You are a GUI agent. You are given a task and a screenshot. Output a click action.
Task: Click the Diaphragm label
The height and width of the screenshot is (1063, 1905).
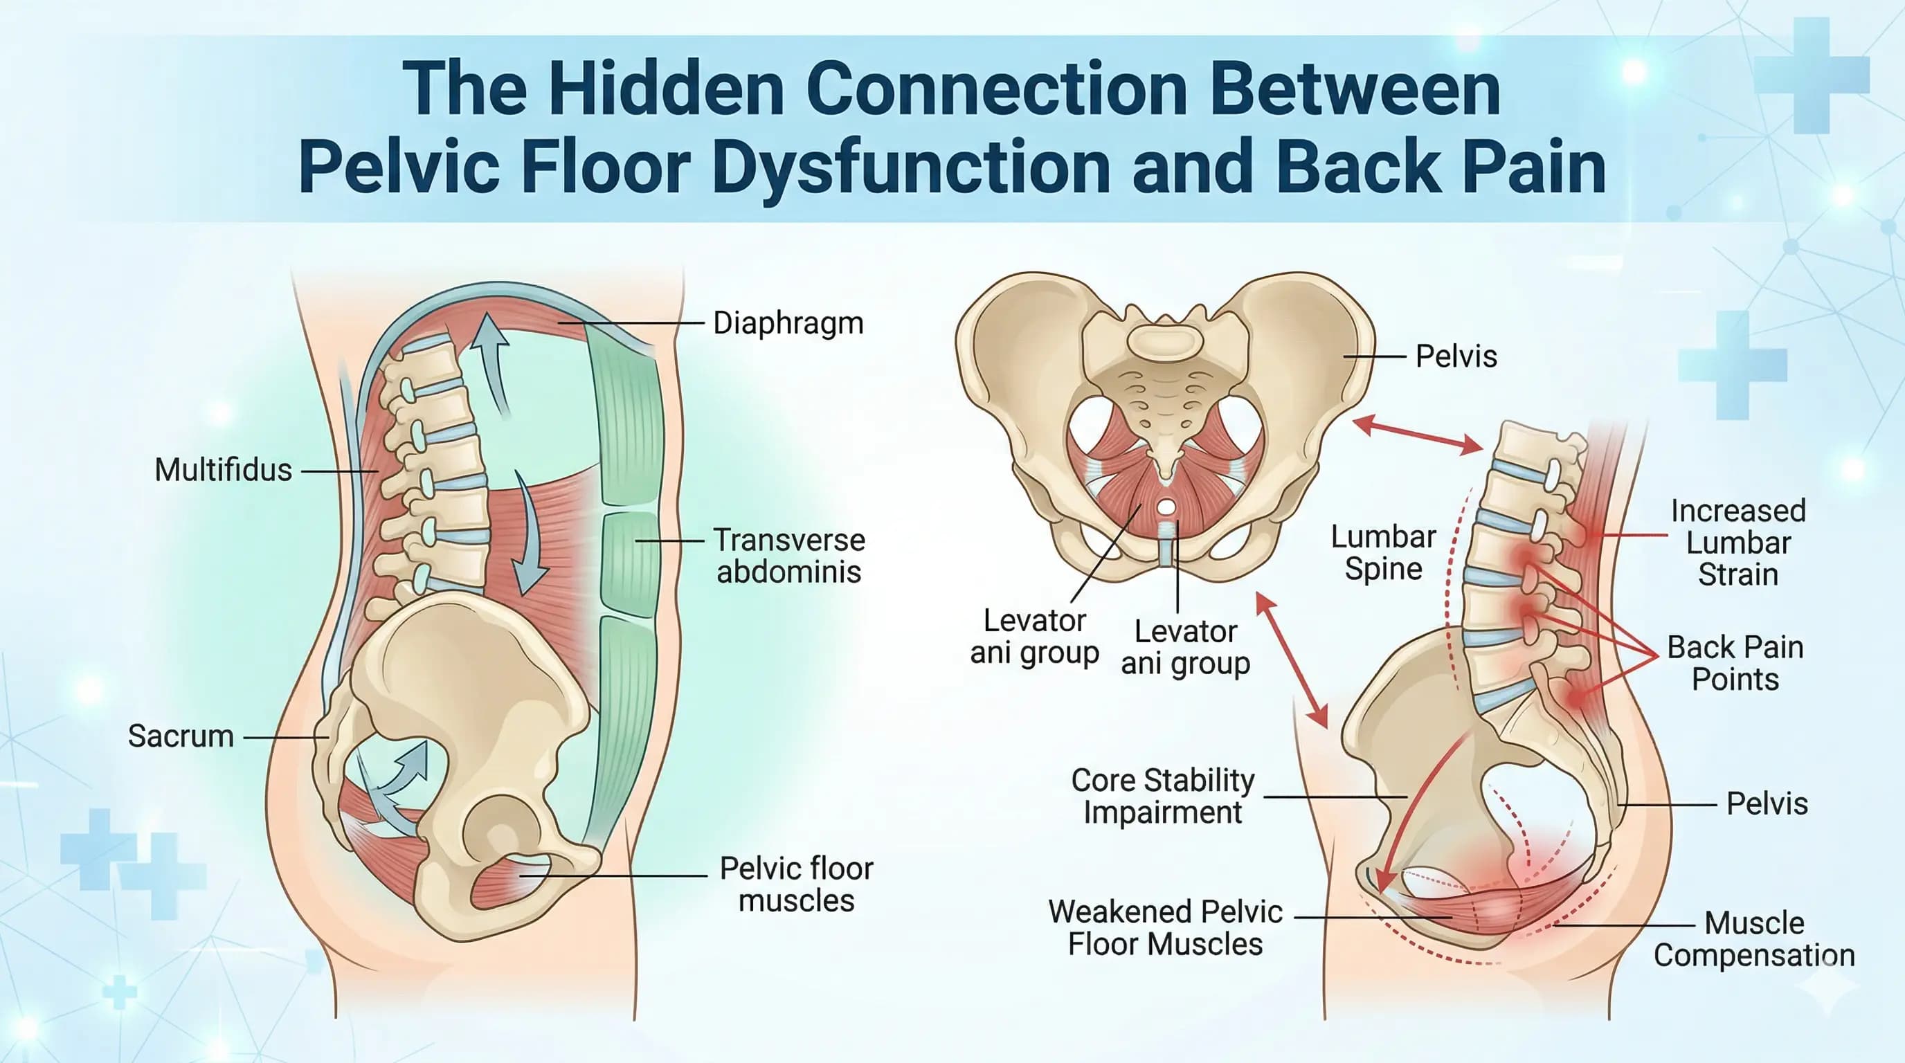(788, 324)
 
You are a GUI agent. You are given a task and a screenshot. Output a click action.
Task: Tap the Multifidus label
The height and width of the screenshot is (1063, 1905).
(223, 470)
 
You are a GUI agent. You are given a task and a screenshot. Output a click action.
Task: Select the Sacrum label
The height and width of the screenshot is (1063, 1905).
(181, 736)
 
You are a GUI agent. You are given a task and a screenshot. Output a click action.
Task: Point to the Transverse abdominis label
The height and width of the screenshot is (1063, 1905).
(789, 556)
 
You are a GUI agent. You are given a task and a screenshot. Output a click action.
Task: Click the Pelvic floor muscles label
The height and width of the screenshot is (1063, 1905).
(797, 884)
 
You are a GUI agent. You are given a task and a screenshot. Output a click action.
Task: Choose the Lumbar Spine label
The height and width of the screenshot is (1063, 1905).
(1383, 553)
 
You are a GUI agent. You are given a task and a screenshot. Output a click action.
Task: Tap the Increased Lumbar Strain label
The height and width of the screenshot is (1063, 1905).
(1738, 543)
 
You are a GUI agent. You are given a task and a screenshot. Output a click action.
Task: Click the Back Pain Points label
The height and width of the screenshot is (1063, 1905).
(1735, 663)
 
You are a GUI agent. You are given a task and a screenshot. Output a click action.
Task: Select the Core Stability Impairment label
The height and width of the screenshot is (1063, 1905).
(1162, 796)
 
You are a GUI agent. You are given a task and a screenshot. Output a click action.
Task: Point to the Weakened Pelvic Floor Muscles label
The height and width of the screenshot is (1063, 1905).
(1165, 928)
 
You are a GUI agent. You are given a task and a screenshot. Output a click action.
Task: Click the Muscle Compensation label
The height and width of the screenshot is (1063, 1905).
(1754, 939)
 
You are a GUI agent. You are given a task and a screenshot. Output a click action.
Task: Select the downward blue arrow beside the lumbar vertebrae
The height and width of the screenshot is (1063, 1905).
(531, 532)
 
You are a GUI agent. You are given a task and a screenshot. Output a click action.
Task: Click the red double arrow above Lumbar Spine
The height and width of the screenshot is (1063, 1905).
(1417, 435)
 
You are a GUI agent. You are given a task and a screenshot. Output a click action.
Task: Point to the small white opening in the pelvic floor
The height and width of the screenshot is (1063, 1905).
(1166, 507)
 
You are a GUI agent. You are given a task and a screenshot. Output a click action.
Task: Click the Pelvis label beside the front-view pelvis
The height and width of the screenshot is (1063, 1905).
(1455, 356)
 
